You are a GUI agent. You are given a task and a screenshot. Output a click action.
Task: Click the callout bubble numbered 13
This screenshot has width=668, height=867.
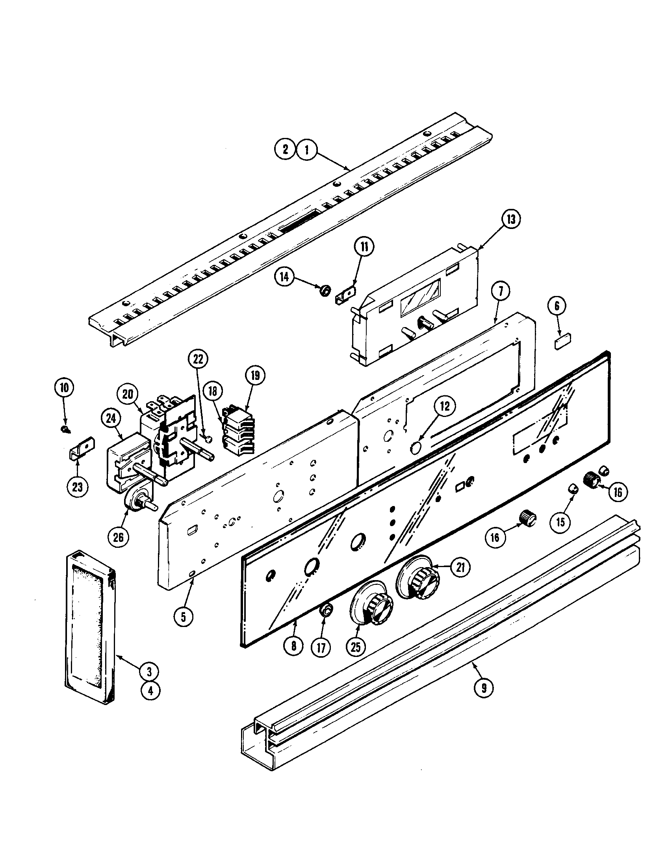[x=510, y=219]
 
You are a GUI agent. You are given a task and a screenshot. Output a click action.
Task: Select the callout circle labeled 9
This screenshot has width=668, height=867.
[x=484, y=687]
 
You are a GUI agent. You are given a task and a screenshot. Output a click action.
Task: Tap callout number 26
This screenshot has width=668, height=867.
[x=118, y=537]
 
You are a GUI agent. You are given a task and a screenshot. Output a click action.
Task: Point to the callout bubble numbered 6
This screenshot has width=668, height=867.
[x=557, y=306]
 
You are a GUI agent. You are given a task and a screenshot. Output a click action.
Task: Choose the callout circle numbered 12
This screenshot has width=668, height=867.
[x=445, y=406]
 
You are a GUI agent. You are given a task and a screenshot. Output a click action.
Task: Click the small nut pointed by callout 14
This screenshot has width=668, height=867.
[x=325, y=290]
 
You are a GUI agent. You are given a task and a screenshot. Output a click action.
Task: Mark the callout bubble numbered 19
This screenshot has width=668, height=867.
[x=255, y=375]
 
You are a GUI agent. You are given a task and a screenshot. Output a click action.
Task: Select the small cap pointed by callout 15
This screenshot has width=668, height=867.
[x=573, y=489]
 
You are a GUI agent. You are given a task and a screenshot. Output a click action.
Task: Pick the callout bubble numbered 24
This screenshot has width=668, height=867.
[x=111, y=417]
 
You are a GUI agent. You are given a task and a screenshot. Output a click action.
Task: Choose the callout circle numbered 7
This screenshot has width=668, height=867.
[x=500, y=291]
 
